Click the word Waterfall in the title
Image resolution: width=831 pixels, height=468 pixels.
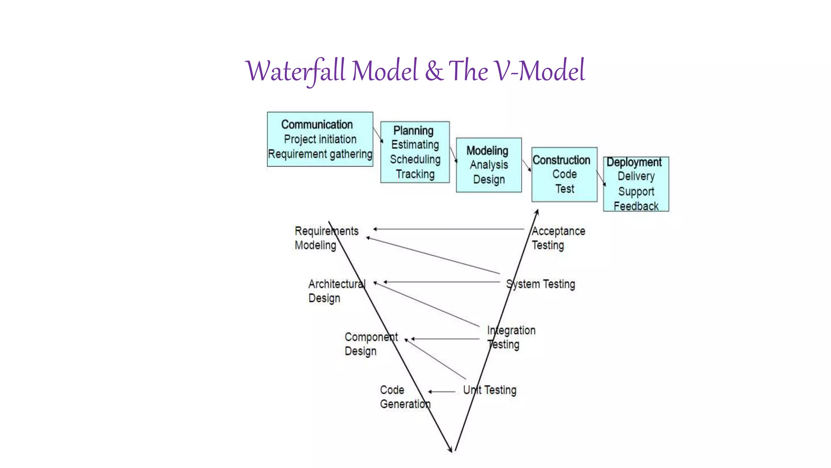pyautogui.click(x=295, y=71)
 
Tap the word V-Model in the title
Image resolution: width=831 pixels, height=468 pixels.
pyautogui.click(x=539, y=71)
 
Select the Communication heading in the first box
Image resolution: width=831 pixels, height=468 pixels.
pyautogui.click(x=317, y=124)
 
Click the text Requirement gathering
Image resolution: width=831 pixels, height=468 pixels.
pyautogui.click(x=320, y=154)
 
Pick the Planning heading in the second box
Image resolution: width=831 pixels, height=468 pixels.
pyautogui.click(x=413, y=130)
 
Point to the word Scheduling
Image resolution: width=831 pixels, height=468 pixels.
pyautogui.click(x=415, y=159)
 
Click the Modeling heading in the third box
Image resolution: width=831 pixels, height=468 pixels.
pyautogui.click(x=487, y=151)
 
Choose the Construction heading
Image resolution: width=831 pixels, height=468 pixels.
pyautogui.click(x=561, y=160)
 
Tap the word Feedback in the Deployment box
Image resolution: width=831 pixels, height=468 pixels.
pyautogui.click(x=636, y=206)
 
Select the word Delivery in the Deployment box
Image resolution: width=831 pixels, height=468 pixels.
pyautogui.click(x=636, y=176)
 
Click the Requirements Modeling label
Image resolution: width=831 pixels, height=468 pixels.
pyautogui.click(x=326, y=238)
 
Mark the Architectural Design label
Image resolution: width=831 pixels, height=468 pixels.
pyautogui.click(x=336, y=291)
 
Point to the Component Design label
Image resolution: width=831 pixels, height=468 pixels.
pyautogui.click(x=370, y=344)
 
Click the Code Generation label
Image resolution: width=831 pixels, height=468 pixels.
pyautogui.click(x=404, y=397)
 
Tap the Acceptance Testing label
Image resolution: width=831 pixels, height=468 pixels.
pyautogui.click(x=558, y=238)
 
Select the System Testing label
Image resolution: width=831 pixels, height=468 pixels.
pyautogui.click(x=540, y=284)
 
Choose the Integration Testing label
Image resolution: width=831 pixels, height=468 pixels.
pyautogui.click(x=511, y=337)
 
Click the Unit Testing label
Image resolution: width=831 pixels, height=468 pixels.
pyautogui.click(x=490, y=390)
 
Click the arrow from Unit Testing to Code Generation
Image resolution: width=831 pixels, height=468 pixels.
pyautogui.click(x=442, y=392)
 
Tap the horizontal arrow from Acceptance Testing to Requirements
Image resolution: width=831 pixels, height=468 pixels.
pyautogui.click(x=448, y=229)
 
